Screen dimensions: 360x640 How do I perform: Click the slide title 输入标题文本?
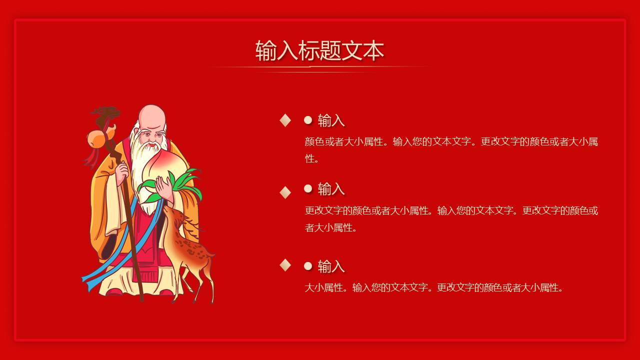point(319,51)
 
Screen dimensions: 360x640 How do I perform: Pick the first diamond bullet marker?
point(285,120)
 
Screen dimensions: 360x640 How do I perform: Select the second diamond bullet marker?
point(285,192)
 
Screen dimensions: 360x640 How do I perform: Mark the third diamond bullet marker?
point(285,265)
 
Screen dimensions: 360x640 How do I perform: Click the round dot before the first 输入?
point(308,120)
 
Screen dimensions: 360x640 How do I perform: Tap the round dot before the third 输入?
point(308,266)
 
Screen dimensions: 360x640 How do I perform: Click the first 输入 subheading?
point(331,120)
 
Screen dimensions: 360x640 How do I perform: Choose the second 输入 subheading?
point(331,189)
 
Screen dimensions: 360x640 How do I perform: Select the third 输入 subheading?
point(331,266)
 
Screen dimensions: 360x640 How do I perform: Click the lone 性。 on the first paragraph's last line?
point(312,158)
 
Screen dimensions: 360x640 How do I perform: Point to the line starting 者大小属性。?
point(331,227)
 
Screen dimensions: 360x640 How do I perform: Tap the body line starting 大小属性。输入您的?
point(434,287)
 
